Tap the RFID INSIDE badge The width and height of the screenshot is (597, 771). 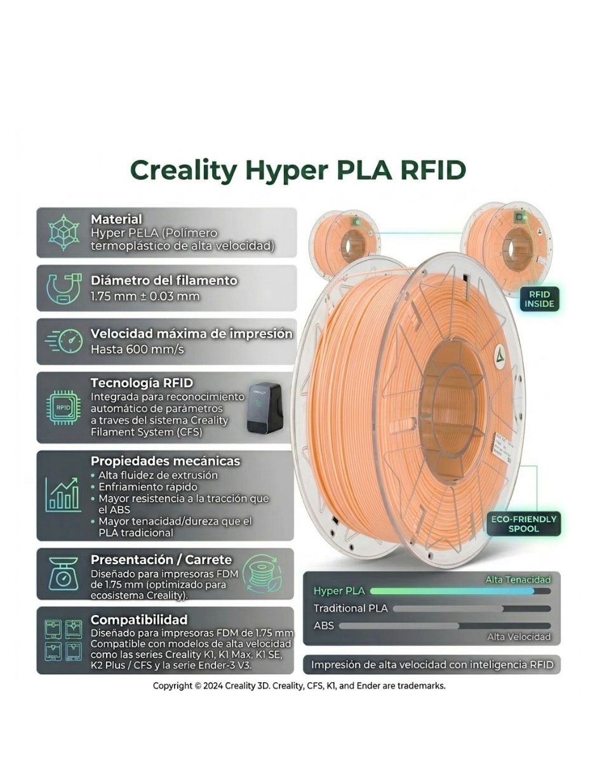[x=539, y=299]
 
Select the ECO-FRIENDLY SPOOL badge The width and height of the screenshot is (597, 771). [x=523, y=524]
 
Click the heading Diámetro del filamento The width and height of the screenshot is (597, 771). [x=164, y=280]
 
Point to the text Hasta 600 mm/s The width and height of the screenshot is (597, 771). [x=137, y=349]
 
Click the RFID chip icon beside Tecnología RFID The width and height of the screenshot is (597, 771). [x=63, y=407]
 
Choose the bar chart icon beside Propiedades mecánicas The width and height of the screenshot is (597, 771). [x=63, y=494]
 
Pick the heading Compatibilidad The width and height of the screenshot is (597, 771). [x=139, y=619]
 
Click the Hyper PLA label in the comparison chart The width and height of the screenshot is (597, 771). [x=339, y=591]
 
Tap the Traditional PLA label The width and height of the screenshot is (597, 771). [x=351, y=608]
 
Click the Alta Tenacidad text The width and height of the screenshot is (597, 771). [x=518, y=580]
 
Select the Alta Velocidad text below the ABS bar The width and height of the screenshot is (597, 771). [x=518, y=637]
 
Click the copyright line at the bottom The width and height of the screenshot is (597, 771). [x=299, y=686]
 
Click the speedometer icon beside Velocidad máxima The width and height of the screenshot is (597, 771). [x=64, y=341]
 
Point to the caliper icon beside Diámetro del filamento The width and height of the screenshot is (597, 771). [x=64, y=288]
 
